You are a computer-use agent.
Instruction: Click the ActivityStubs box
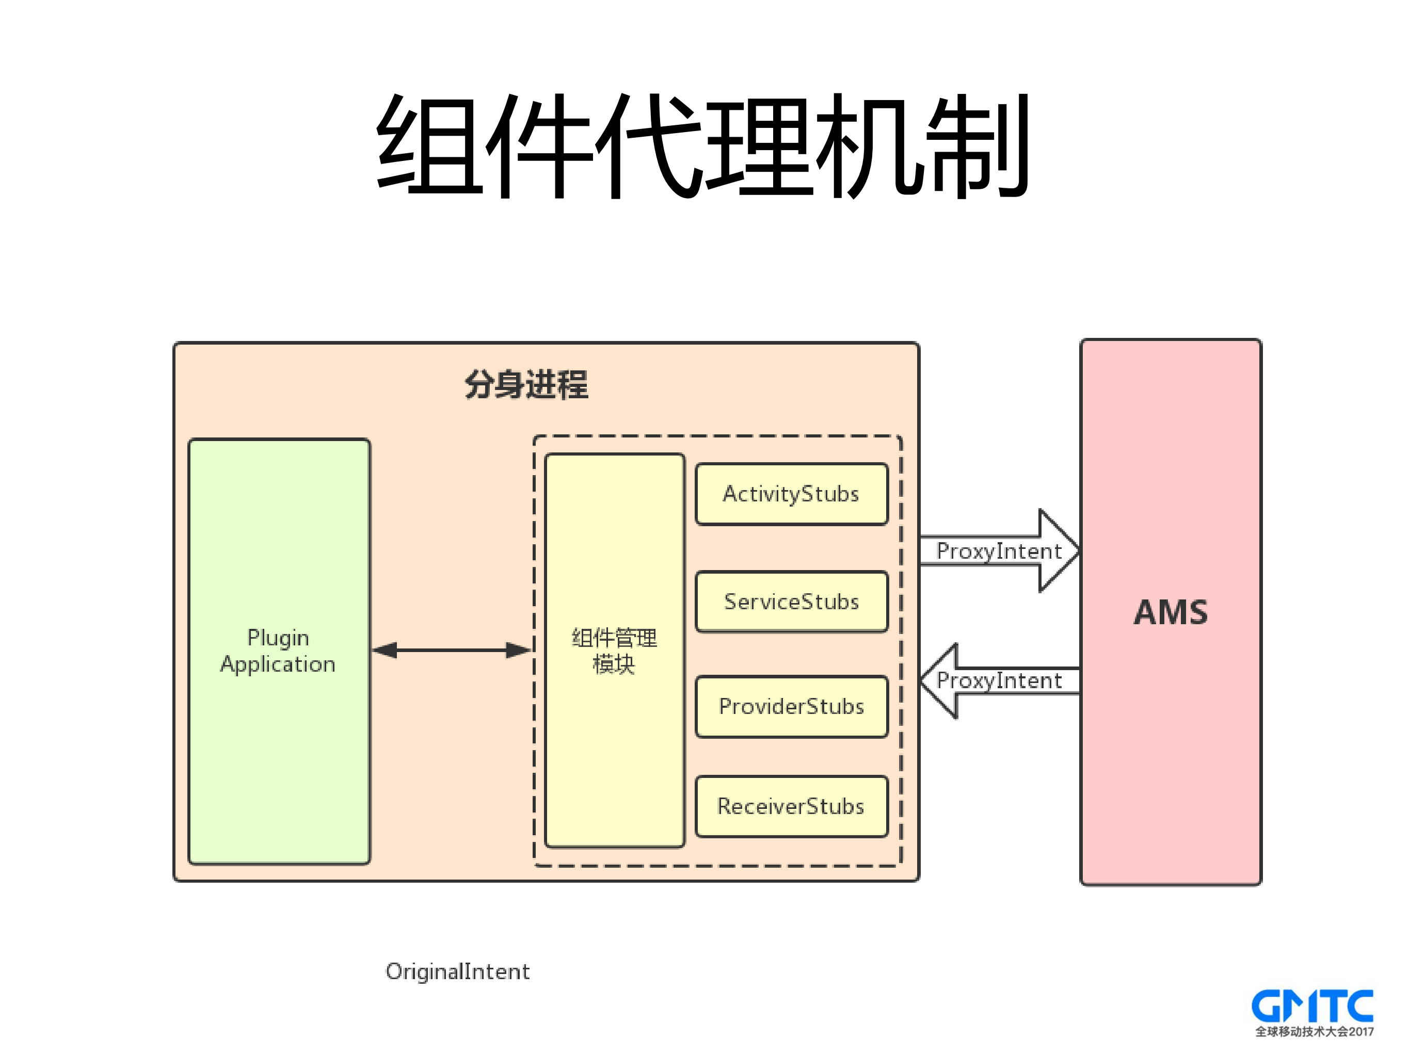pos(791,494)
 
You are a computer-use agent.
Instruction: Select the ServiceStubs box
pos(791,602)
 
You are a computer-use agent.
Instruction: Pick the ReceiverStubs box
pos(791,806)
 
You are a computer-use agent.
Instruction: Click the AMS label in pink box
pos(1170,612)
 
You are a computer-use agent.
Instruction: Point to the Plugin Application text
pos(278,651)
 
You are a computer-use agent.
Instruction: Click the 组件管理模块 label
pos(614,651)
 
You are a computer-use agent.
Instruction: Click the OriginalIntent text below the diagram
pos(457,971)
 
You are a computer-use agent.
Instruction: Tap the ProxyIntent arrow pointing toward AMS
pos(998,550)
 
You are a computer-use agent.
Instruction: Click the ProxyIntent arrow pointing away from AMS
pos(998,680)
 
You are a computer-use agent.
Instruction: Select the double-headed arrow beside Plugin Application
pos(451,650)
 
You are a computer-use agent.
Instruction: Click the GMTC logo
pos(1311,1006)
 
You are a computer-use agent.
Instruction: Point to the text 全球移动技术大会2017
pos(1314,1032)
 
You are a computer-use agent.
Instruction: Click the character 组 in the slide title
pos(428,145)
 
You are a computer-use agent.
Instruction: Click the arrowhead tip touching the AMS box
pos(1076,550)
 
